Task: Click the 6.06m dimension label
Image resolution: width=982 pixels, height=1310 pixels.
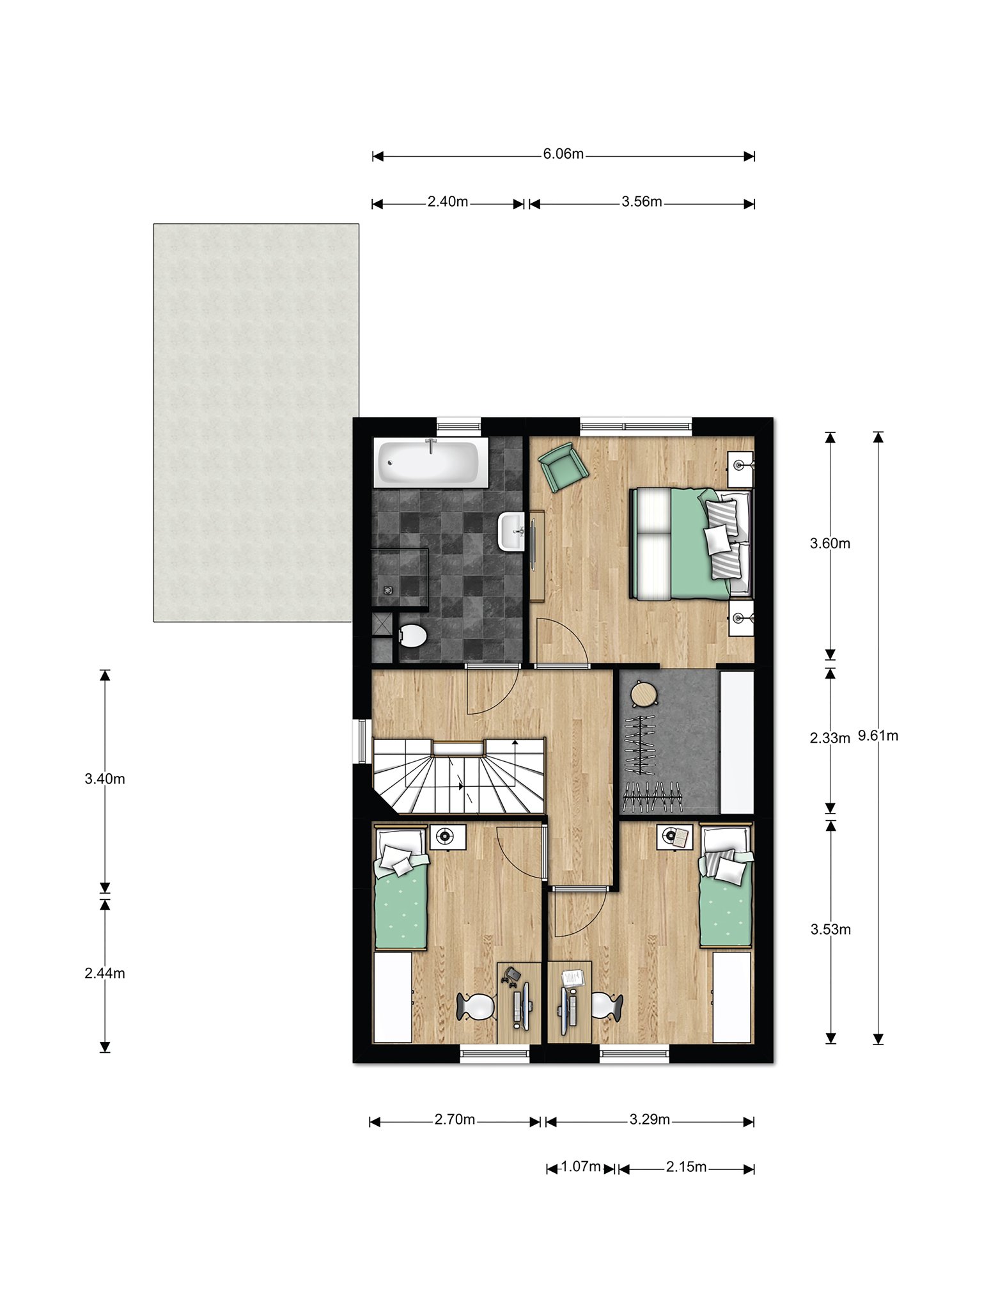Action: click(563, 154)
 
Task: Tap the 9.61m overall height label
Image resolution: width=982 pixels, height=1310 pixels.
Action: click(878, 736)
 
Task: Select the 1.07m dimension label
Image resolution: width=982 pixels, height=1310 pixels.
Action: click(581, 1167)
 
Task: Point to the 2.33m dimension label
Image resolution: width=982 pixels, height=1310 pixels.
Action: click(830, 738)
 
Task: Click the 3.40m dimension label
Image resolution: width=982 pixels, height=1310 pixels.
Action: click(105, 778)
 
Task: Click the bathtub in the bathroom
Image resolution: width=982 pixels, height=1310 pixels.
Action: click(428, 462)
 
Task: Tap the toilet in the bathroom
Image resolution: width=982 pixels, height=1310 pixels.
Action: click(412, 635)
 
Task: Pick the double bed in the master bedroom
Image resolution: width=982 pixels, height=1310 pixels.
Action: click(690, 543)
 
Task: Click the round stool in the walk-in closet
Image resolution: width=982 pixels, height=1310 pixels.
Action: click(643, 694)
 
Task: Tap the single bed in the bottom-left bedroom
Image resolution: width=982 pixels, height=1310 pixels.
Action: click(401, 888)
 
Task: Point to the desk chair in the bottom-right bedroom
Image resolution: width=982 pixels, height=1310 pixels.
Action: click(605, 1005)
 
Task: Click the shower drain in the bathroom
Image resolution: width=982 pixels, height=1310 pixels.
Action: click(387, 590)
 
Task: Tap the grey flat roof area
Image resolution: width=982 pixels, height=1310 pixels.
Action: click(256, 422)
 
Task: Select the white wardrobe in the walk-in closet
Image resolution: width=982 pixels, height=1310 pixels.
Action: click(736, 741)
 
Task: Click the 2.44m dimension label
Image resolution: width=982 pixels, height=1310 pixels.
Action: click(105, 973)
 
